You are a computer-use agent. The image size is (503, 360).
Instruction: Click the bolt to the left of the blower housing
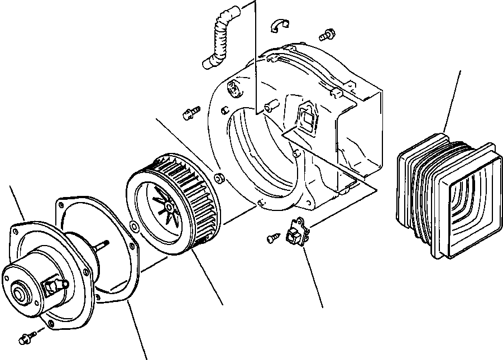click(191, 113)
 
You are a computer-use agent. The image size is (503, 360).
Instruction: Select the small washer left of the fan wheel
click(134, 226)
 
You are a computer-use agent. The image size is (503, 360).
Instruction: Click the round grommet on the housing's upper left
click(232, 88)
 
